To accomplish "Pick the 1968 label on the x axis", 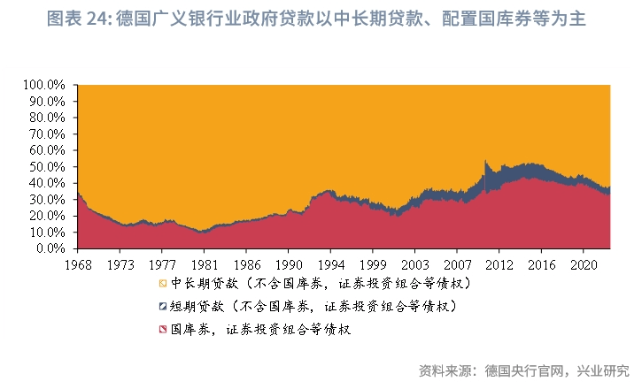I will tap(78, 263).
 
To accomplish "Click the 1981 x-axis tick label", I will tap(205, 263).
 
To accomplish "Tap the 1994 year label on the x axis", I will tap(331, 263).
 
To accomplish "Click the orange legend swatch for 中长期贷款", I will tap(162, 284).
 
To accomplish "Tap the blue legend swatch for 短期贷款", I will tap(162, 307).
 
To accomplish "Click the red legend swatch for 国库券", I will tap(162, 330).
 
